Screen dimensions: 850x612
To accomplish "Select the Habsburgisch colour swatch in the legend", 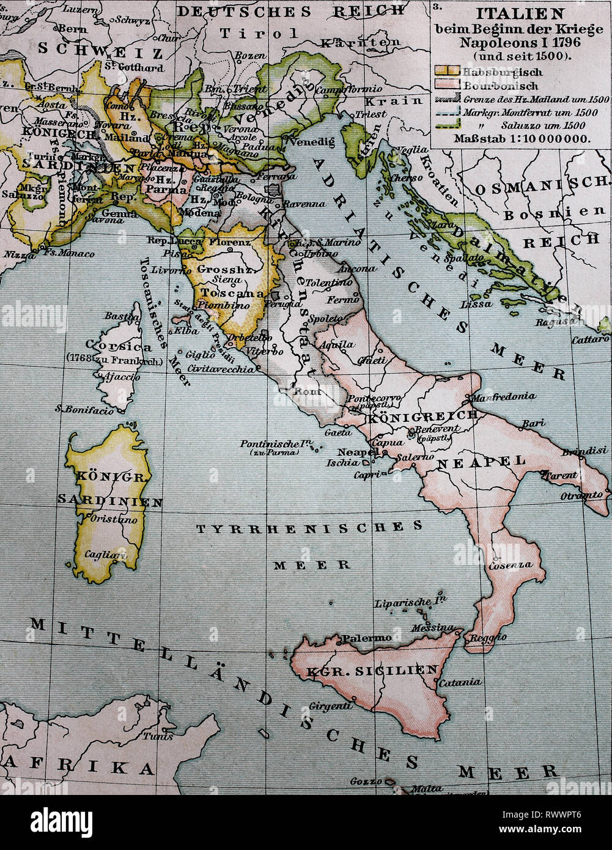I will click(x=446, y=72).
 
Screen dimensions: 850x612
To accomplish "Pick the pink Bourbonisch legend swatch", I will click(x=446, y=85).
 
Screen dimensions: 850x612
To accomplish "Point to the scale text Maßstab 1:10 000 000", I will click(x=522, y=138).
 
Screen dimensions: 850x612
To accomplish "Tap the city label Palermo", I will click(x=366, y=638).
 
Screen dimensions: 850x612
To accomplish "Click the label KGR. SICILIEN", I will click(x=373, y=670).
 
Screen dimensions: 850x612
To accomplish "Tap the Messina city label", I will click(x=433, y=627).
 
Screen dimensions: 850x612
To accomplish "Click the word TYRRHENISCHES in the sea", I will click(x=309, y=528).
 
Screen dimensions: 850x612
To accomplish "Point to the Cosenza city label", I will click(x=509, y=566).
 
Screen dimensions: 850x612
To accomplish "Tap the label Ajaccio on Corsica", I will click(x=120, y=377).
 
